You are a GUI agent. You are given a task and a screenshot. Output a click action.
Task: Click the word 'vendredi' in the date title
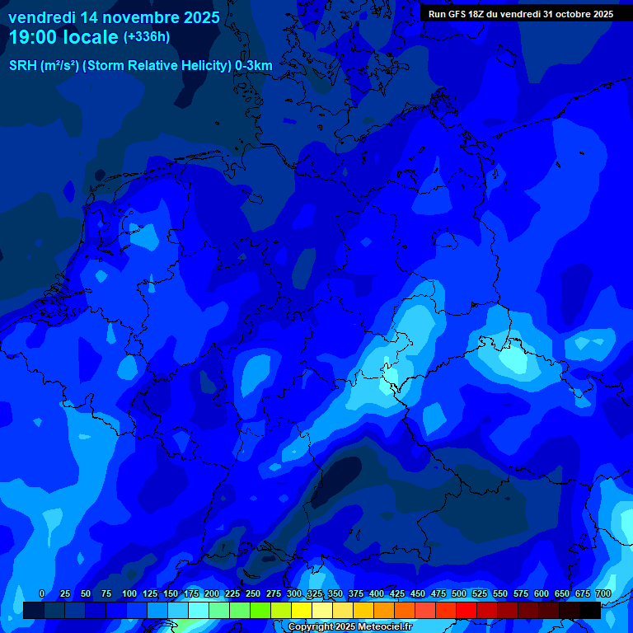click(x=42, y=16)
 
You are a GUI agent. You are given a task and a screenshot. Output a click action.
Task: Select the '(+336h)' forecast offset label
click(x=146, y=37)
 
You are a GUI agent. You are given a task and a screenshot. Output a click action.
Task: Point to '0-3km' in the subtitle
click(x=254, y=66)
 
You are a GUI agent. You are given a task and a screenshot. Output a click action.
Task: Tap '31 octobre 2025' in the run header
click(x=579, y=14)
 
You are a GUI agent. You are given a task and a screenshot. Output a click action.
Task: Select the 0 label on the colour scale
click(x=42, y=593)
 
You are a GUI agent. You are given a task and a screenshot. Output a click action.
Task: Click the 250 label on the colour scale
click(x=253, y=593)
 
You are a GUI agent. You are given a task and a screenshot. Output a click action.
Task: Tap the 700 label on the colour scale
click(x=603, y=593)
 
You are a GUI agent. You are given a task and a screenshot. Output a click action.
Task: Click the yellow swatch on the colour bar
click(x=302, y=610)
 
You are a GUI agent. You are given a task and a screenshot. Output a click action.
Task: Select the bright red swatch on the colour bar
click(x=467, y=610)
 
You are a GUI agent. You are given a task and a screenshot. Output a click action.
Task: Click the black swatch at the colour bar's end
click(x=590, y=610)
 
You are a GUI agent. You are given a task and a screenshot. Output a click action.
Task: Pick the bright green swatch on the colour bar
click(x=260, y=610)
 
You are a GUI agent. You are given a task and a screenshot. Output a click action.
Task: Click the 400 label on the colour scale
click(x=377, y=593)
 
